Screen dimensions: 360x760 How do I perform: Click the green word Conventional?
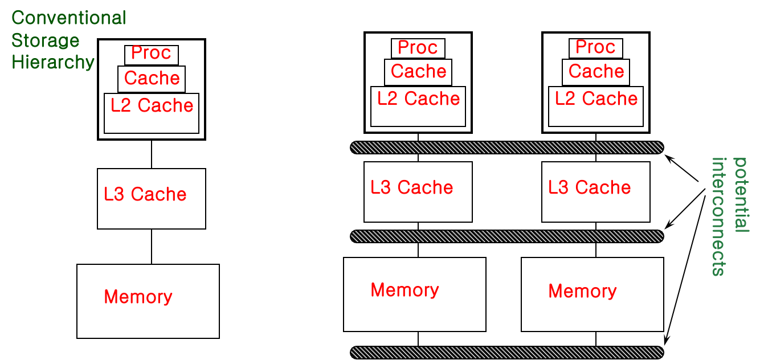click(68, 18)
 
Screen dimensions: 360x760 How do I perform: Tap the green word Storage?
click(46, 41)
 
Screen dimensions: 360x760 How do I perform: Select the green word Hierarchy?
click(53, 62)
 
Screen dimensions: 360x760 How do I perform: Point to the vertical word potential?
click(740, 195)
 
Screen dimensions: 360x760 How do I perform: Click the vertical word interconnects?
click(719, 216)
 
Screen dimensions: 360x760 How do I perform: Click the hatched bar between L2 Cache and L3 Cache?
click(507, 148)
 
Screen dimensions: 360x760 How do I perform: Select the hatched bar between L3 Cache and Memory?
click(507, 236)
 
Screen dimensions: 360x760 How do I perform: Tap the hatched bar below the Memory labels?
click(507, 353)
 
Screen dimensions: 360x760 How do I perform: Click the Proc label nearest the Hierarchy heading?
click(151, 53)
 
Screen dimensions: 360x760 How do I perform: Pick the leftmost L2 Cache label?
click(152, 105)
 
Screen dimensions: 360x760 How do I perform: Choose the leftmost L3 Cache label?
click(145, 194)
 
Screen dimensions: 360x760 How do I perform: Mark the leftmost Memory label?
click(138, 297)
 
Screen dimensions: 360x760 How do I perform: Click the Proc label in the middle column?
click(418, 47)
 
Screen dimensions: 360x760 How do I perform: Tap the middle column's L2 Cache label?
click(419, 99)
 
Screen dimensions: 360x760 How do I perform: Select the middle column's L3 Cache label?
click(412, 187)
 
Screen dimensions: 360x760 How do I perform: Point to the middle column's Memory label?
click(404, 290)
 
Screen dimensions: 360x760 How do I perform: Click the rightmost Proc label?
click(595, 47)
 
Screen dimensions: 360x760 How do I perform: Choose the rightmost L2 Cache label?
click(596, 99)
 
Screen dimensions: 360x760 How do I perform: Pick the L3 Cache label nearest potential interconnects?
click(590, 187)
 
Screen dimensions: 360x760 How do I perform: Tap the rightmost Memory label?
click(582, 291)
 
